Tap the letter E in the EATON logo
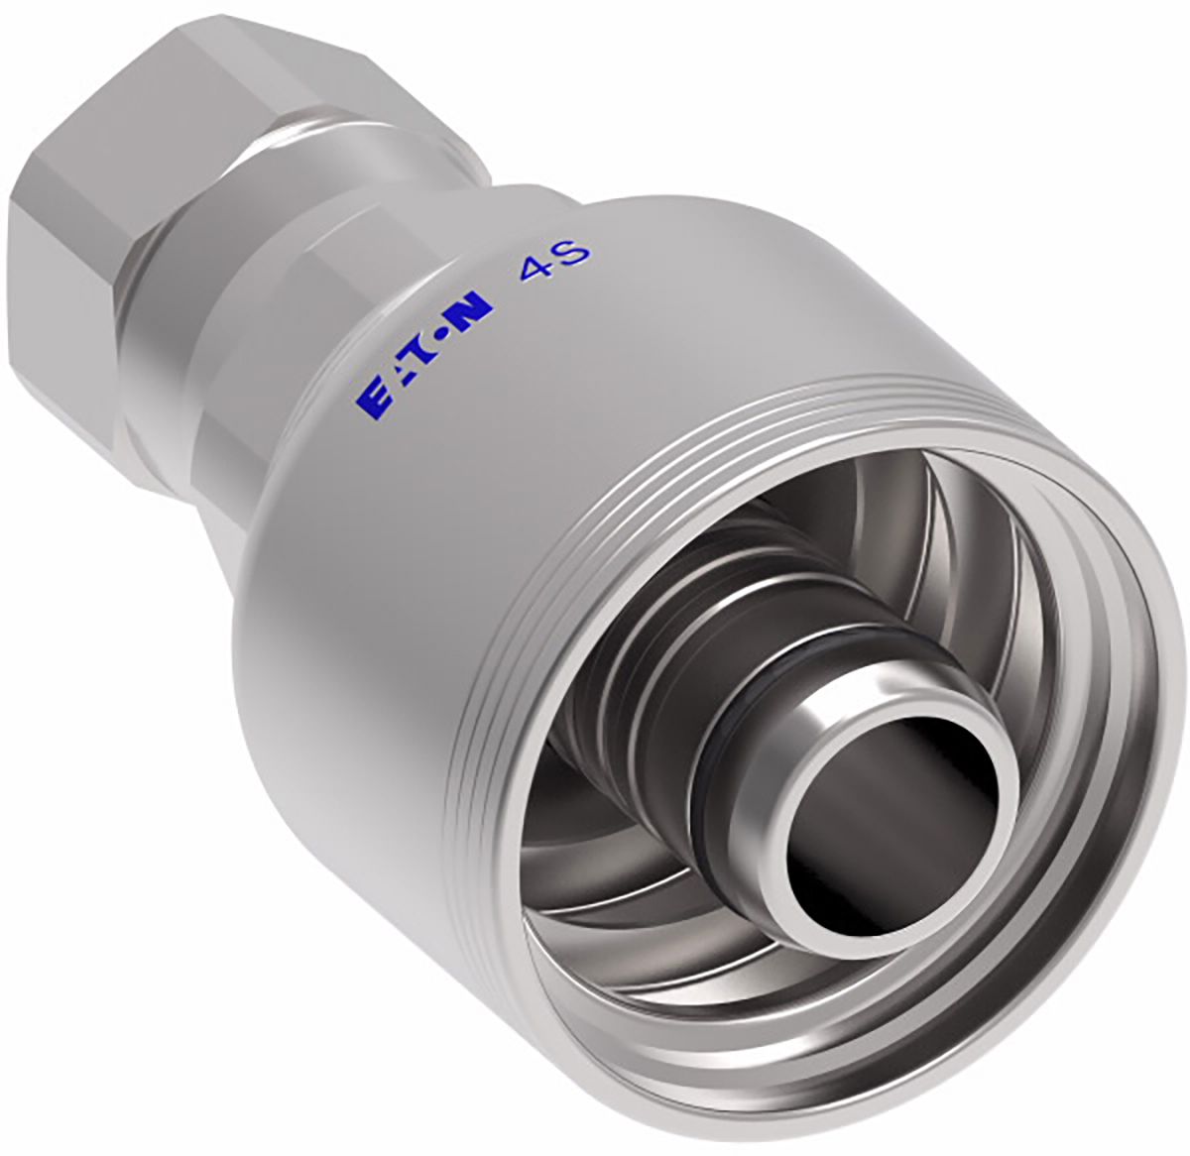(x=372, y=403)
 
